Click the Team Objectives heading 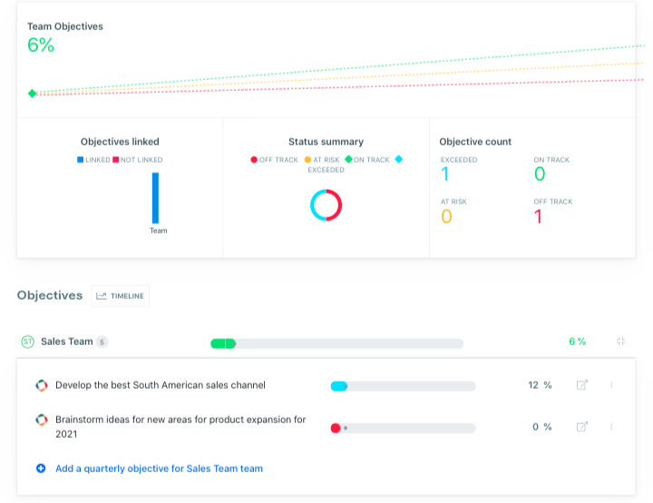pyautogui.click(x=64, y=26)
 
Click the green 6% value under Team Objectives pyautogui.click(x=41, y=44)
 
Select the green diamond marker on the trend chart pyautogui.click(x=33, y=94)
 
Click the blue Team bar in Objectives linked pyautogui.click(x=155, y=197)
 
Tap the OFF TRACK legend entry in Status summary pyautogui.click(x=274, y=160)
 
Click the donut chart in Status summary pyautogui.click(x=326, y=204)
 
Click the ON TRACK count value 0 pyautogui.click(x=540, y=174)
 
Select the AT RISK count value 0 pyautogui.click(x=445, y=216)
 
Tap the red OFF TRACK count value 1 pyautogui.click(x=538, y=216)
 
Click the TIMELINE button pyautogui.click(x=121, y=295)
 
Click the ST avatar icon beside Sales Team pyautogui.click(x=27, y=341)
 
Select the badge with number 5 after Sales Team pyautogui.click(x=102, y=342)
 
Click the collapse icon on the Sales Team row pyautogui.click(x=621, y=341)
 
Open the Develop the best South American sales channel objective pyautogui.click(x=160, y=385)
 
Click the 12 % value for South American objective pyautogui.click(x=540, y=385)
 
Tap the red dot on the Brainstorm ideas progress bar pyautogui.click(x=336, y=427)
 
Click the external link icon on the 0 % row pyautogui.click(x=581, y=427)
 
